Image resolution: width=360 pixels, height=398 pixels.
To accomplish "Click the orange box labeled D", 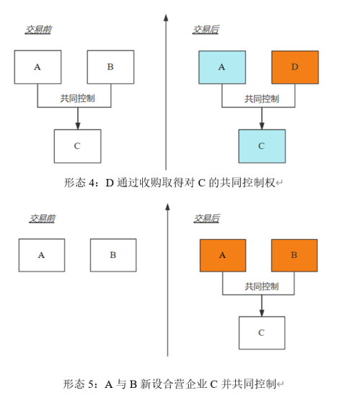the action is [295, 67].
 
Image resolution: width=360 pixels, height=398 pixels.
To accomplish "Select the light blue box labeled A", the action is [222, 67].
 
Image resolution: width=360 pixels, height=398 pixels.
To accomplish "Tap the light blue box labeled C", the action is [262, 146].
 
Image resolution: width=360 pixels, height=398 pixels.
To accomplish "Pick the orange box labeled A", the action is [223, 256].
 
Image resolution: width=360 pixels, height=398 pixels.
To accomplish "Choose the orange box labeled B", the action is [294, 256].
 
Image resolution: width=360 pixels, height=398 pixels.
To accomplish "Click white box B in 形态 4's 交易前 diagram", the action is [110, 67].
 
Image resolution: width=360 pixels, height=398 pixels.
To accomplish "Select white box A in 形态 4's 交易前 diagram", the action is [38, 67].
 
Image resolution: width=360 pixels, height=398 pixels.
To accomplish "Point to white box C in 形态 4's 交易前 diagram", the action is [78, 146].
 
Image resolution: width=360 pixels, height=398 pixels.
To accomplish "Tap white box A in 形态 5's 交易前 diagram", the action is [42, 255].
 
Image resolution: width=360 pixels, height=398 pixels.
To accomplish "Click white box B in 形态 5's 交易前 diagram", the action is [113, 255].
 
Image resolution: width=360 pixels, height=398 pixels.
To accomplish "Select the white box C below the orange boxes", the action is [262, 333].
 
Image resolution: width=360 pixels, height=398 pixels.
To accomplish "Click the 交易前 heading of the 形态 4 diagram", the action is [38, 30].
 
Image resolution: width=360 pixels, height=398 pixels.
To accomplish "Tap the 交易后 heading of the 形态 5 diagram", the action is [206, 219].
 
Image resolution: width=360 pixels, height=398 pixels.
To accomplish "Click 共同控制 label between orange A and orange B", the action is [262, 286].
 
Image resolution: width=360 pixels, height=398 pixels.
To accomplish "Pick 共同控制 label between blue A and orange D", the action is [262, 98].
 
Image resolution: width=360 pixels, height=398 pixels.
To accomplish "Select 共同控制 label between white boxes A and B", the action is [78, 98].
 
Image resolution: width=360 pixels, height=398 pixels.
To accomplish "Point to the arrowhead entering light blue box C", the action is [262, 126].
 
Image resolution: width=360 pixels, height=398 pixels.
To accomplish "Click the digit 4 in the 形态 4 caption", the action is [92, 183].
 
